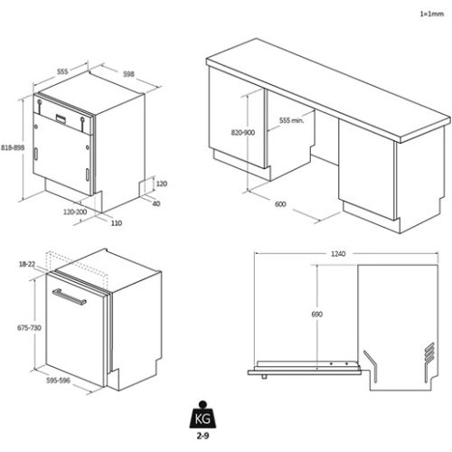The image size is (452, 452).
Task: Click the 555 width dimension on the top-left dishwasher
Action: tap(62, 71)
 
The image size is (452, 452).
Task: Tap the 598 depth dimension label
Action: tap(128, 74)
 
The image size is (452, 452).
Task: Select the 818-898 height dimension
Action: tap(13, 147)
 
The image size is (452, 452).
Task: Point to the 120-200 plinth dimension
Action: tap(75, 212)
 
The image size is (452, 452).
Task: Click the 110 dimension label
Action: tap(117, 223)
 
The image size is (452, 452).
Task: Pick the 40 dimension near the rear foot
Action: tap(156, 203)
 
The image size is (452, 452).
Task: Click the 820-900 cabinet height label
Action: tap(243, 132)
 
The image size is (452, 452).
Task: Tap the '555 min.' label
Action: tap(291, 120)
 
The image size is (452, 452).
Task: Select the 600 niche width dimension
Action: tap(280, 204)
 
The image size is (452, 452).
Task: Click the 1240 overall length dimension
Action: tap(338, 254)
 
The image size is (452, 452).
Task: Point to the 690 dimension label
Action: tap(316, 314)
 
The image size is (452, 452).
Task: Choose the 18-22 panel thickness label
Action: tap(27, 264)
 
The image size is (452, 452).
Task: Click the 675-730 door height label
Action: tap(29, 327)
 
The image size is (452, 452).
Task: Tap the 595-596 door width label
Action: tap(58, 381)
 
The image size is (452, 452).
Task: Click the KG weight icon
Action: tap(202, 415)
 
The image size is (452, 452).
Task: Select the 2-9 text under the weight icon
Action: tap(202, 436)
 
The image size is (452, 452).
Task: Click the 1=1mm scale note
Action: tap(432, 14)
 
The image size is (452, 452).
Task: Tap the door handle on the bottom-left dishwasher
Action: tap(69, 297)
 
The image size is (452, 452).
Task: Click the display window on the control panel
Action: tap(61, 118)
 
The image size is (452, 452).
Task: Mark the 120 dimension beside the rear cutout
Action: tap(162, 184)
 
